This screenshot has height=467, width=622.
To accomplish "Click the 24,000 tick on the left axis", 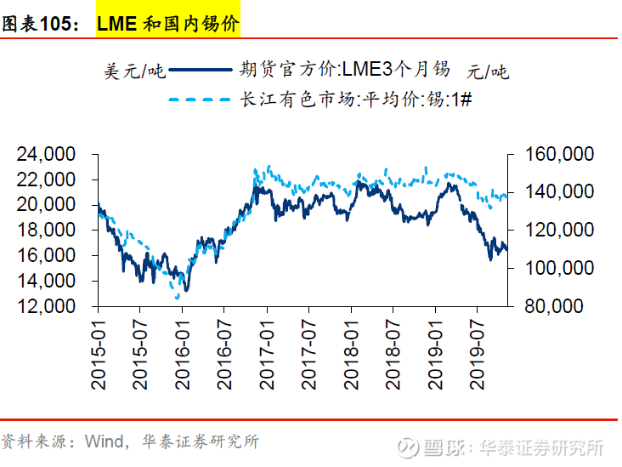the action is tap(46, 154).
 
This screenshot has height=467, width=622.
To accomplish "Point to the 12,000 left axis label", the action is tap(46, 306).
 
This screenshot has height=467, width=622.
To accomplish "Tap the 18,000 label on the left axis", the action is tap(46, 230).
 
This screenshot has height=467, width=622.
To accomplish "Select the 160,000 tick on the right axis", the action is tap(559, 154).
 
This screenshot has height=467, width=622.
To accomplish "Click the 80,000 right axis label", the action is tap(554, 306).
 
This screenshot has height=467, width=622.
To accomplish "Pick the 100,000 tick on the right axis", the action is tap(559, 268).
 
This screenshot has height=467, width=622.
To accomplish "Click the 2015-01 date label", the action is tap(99, 355).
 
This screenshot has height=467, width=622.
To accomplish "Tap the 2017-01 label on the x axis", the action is tap(267, 355).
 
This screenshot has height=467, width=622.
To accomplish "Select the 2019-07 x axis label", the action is tap(477, 355).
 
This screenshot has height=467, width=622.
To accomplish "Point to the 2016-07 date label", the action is tap(224, 355).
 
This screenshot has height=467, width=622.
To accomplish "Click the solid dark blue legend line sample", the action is tap(201, 70).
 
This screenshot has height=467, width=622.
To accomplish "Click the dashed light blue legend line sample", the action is tap(200, 100).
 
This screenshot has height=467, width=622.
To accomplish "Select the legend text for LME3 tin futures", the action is tap(345, 69).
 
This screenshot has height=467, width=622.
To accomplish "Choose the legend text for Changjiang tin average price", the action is tap(356, 99).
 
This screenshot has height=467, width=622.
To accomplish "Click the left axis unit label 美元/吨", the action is tap(134, 71).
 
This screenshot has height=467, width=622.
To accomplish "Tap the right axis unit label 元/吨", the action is tap(488, 71).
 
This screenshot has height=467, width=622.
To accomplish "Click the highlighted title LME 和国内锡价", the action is tap(168, 24).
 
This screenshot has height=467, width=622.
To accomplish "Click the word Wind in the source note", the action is tap(104, 441).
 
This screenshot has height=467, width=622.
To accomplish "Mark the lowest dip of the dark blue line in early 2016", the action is tap(186, 290).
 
